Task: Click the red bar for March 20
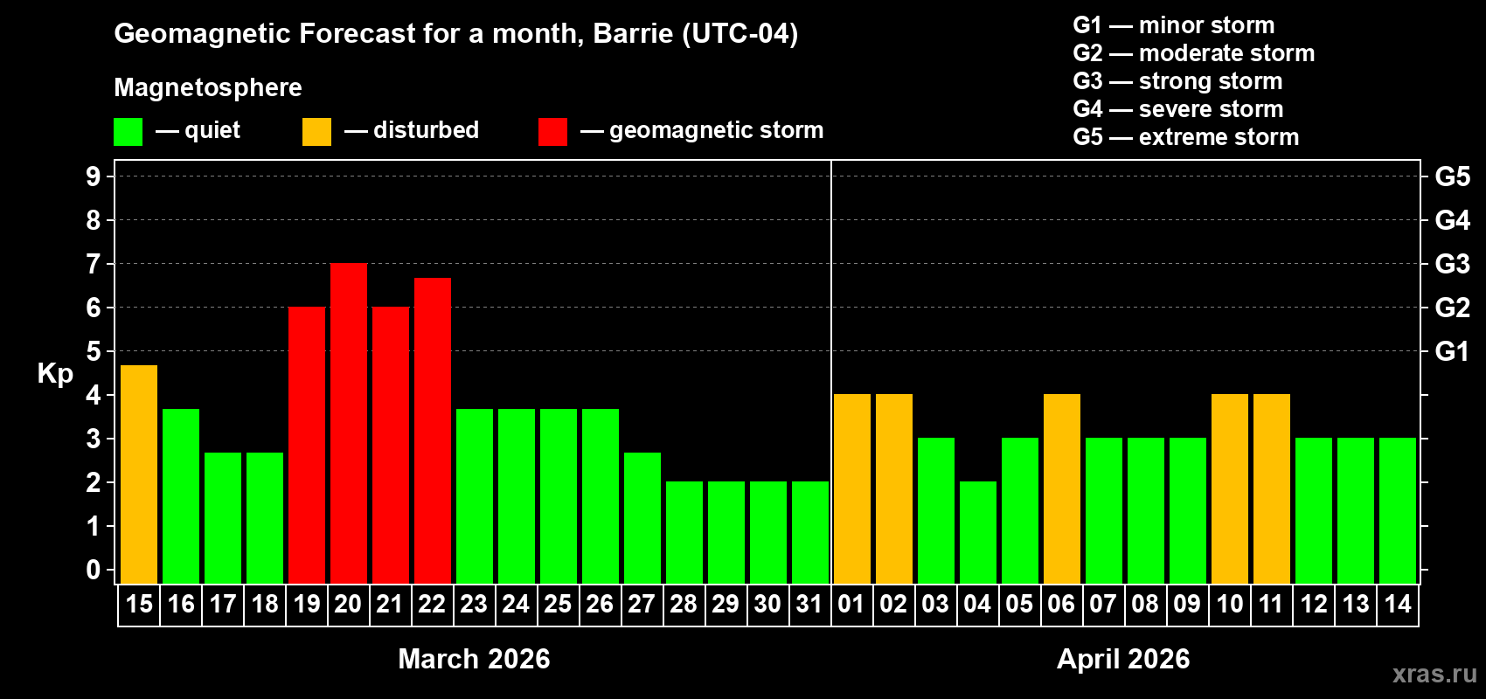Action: click(x=349, y=423)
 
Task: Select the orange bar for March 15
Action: click(x=139, y=474)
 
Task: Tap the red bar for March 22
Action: click(x=433, y=431)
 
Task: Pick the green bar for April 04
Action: click(x=978, y=532)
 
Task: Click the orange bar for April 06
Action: click(x=1062, y=488)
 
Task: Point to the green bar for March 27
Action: click(x=642, y=517)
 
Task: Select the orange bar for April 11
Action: click(x=1272, y=488)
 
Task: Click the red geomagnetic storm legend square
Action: click(x=552, y=132)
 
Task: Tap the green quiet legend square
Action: click(x=128, y=132)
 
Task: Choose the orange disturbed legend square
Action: click(x=316, y=132)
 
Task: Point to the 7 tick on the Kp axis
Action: click(x=94, y=264)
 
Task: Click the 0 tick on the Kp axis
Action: click(x=94, y=571)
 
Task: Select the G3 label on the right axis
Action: click(x=1452, y=264)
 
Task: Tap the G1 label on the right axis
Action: click(x=1452, y=351)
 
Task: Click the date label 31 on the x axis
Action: click(x=809, y=604)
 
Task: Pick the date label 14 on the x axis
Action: click(x=1398, y=604)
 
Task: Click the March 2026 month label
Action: click(x=474, y=659)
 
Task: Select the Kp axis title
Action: click(x=55, y=374)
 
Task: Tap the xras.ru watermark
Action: click(x=1434, y=674)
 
